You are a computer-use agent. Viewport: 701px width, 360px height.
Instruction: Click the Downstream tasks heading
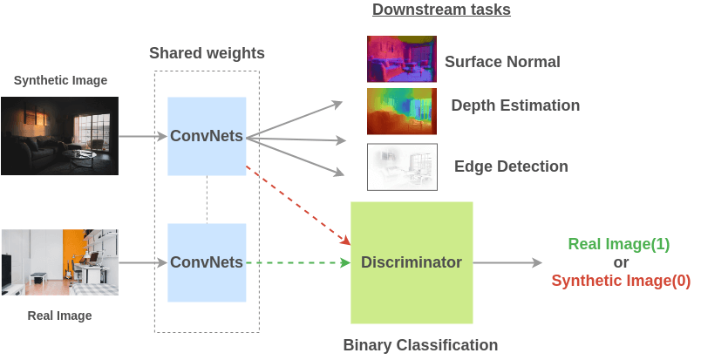[x=441, y=10]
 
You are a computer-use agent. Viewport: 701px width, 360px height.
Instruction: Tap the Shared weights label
[x=207, y=53]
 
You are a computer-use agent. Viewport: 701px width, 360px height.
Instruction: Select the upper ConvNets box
[x=207, y=135]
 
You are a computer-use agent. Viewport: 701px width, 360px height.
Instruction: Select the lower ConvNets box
[x=207, y=262]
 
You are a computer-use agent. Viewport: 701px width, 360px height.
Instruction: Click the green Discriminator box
[x=411, y=262]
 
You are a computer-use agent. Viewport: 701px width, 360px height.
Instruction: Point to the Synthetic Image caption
[x=60, y=80]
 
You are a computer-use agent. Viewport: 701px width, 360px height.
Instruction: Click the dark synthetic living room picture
[x=59, y=135]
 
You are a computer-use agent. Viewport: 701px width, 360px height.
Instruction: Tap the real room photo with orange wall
[x=59, y=262]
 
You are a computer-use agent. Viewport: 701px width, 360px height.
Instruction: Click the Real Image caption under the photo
[x=59, y=315]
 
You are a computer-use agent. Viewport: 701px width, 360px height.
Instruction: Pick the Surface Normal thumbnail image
[x=402, y=58]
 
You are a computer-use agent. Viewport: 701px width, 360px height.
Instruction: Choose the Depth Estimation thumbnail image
[x=402, y=110]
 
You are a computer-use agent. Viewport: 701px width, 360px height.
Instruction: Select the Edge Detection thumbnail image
[x=402, y=166]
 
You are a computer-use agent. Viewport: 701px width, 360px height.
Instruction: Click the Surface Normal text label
[x=502, y=62]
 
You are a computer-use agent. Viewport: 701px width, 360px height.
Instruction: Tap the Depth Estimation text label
[x=515, y=105]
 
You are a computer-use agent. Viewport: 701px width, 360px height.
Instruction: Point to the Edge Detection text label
[x=511, y=166]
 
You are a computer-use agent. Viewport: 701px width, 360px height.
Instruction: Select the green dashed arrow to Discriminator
[x=296, y=262]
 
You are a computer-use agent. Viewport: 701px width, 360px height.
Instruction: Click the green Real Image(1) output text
[x=619, y=244]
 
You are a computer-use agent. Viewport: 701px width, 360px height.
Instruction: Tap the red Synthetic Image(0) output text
[x=621, y=281]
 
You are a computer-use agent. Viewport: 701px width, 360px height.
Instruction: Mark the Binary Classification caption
[x=420, y=345]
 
